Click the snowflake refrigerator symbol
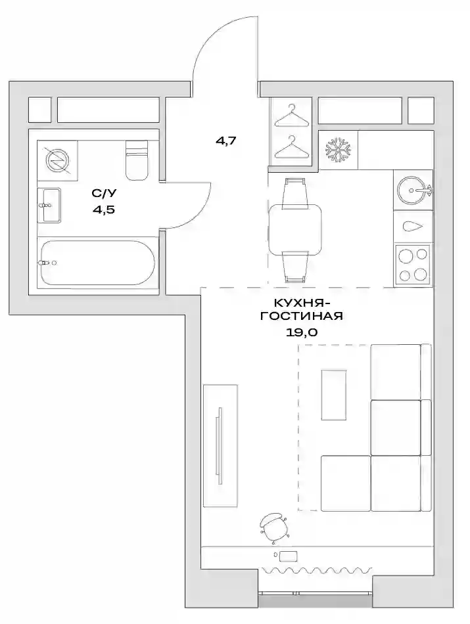click(339, 150)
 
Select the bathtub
click(97, 263)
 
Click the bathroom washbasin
click(49, 206)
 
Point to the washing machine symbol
click(57, 160)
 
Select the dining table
click(294, 230)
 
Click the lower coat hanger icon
click(293, 146)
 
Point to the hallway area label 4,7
click(226, 141)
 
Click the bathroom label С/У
click(104, 193)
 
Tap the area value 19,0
click(302, 332)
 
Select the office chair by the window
click(273, 527)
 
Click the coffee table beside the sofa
click(334, 394)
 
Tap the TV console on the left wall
click(220, 446)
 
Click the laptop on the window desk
click(288, 556)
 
